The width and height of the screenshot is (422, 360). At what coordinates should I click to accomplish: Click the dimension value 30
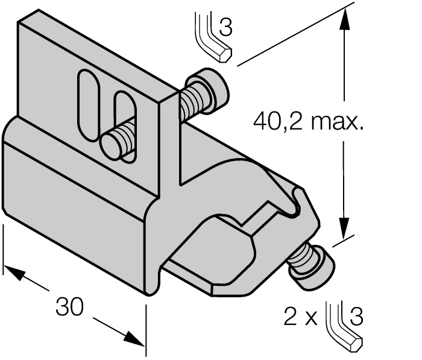[x=69, y=307]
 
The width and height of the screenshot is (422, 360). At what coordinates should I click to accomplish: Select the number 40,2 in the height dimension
[x=279, y=122]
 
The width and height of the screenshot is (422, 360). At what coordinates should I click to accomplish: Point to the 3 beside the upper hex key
[x=225, y=28]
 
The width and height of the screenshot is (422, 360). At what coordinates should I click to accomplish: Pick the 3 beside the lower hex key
[x=356, y=317]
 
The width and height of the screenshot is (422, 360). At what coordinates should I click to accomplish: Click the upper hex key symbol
[x=212, y=36]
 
